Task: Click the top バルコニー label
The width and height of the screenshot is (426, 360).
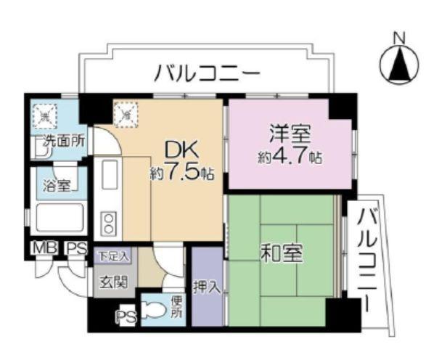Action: coord(206,73)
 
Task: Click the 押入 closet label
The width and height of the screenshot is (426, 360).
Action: coord(207,287)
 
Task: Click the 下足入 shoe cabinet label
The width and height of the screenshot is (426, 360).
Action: coord(113,255)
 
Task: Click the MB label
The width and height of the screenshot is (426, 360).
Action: coord(41,250)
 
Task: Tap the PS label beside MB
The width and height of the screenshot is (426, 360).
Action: coord(75,250)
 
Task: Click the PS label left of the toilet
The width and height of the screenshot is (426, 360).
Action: coord(124,316)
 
